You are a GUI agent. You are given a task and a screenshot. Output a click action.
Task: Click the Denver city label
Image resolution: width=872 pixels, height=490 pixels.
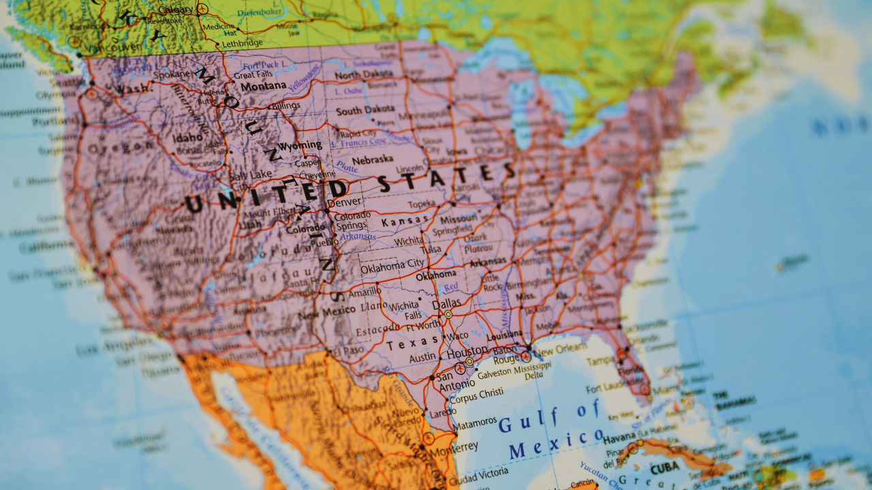pos(344,202)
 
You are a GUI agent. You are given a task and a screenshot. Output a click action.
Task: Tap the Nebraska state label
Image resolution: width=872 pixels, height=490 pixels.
pos(372,160)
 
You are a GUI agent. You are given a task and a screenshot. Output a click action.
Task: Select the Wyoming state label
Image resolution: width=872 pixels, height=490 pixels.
pos(300,145)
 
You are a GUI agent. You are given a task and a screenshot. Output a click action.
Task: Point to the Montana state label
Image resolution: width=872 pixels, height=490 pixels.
pos(264,86)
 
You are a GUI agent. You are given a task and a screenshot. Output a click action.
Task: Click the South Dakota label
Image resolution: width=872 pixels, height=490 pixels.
pos(364,110)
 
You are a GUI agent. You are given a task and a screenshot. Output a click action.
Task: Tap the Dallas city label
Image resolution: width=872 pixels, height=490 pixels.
pos(446,303)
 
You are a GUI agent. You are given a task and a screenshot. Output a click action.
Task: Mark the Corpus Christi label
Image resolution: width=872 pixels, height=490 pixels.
pos(476,394)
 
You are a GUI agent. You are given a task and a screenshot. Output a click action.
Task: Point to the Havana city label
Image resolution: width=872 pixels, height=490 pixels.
pos(620,436)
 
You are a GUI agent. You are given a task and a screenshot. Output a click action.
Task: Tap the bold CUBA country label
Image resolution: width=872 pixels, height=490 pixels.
pos(665,468)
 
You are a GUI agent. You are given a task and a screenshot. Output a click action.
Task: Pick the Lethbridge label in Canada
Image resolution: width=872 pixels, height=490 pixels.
pos(242,42)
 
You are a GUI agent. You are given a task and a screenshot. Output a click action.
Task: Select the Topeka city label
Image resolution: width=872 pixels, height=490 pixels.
pos(422,204)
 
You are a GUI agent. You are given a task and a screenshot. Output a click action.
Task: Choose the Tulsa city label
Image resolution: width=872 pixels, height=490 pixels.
pos(432,250)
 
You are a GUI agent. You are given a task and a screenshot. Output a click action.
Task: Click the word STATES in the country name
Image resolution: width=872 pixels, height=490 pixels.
pos(446,176)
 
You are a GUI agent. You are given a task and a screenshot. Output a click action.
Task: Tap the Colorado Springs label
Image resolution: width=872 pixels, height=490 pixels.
pos(352,220)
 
